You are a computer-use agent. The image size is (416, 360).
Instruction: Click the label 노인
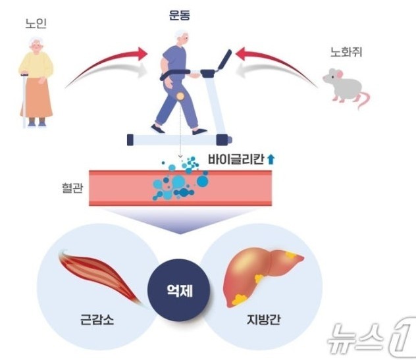tap(36, 24)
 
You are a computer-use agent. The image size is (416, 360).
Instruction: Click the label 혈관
tap(68, 187)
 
